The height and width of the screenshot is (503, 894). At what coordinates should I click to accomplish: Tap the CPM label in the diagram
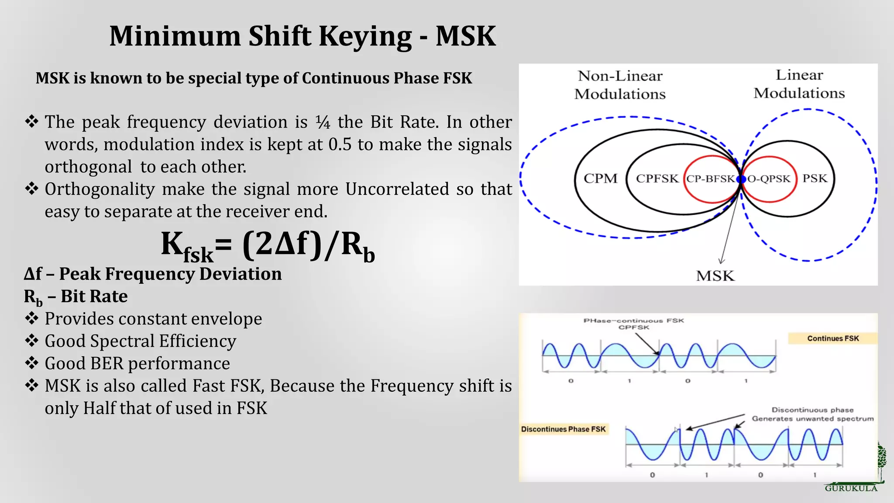601,179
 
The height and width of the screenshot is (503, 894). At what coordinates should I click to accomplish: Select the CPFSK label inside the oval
657,179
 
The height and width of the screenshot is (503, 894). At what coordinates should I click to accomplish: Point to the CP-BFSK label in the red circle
710,179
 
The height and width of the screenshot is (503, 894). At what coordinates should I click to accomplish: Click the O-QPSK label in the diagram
769,179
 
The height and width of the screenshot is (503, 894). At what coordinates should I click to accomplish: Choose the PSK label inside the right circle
815,179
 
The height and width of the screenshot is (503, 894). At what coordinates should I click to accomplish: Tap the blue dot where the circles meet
741,179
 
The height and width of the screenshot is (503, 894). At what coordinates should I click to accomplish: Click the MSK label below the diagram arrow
715,276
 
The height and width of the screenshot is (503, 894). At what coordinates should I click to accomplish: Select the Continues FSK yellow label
832,338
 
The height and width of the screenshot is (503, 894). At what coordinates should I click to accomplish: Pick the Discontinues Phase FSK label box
563,429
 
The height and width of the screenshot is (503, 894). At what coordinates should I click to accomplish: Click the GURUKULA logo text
851,489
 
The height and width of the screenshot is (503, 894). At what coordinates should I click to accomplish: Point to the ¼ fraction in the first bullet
323,122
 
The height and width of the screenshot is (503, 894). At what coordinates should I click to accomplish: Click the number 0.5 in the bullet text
340,145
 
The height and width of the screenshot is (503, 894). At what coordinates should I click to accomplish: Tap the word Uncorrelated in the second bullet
397,189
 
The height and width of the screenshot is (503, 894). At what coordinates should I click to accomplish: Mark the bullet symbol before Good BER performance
32,363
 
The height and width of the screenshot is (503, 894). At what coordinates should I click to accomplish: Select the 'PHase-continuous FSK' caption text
633,320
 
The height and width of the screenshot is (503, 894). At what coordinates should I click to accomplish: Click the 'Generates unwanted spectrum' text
812,419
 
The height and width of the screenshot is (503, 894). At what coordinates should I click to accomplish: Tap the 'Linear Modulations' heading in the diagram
799,84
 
